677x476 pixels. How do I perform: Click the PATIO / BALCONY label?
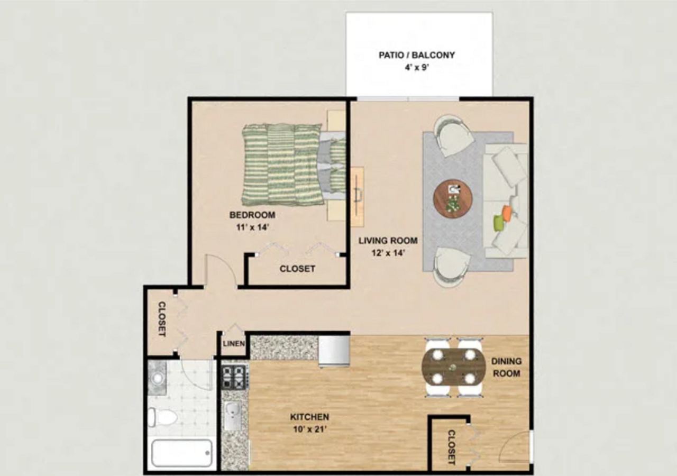pos(417,55)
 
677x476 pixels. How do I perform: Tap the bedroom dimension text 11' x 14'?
pos(252,227)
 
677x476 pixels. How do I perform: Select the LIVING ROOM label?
pos(388,241)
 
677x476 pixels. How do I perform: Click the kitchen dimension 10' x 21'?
pos(309,429)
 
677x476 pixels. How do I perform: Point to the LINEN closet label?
pos(234,344)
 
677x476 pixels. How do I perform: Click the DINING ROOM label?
pos(506,367)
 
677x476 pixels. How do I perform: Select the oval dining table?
pos(454,367)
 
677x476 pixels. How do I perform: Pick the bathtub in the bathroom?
pos(182,453)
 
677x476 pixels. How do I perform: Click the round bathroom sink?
pos(157,378)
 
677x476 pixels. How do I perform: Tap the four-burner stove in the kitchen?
pos(234,377)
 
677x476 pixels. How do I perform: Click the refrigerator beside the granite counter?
pos(334,350)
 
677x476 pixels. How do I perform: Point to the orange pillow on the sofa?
pos(507,213)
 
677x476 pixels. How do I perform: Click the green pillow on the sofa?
pos(498,223)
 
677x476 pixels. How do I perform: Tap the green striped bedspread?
pos(283,164)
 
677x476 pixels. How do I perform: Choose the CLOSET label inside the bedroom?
pos(297,269)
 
